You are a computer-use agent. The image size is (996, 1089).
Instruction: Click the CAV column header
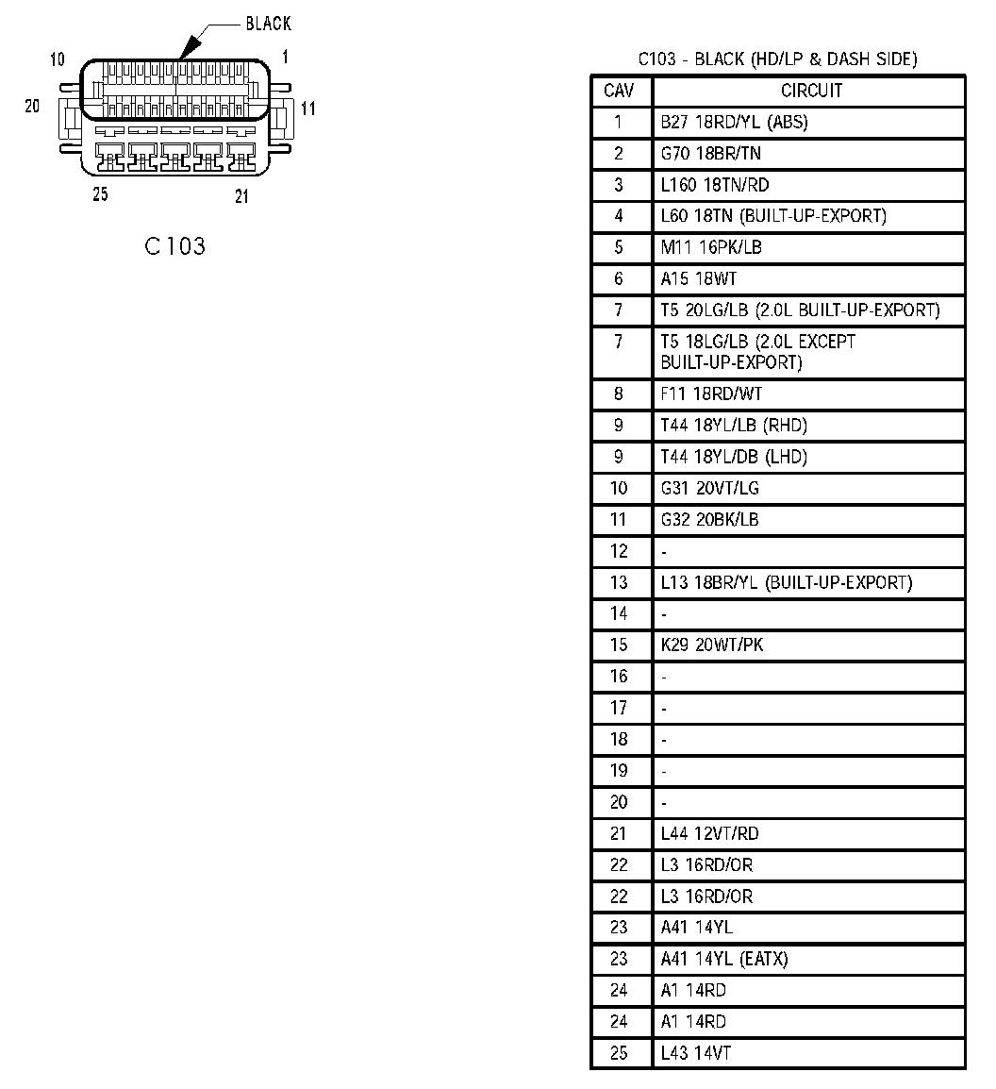pos(619,91)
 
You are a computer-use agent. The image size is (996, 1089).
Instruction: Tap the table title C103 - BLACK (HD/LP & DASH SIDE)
pos(777,59)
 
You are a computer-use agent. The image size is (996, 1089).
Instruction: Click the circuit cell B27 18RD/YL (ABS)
pos(734,122)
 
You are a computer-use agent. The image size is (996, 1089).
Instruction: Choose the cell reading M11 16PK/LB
pos(711,247)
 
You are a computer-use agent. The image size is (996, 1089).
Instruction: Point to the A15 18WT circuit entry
pos(699,279)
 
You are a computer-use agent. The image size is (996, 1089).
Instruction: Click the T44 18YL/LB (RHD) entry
pos(734,426)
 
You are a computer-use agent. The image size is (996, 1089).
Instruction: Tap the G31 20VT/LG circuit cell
pos(710,488)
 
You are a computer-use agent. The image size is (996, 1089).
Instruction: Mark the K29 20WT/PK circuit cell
pos(712,645)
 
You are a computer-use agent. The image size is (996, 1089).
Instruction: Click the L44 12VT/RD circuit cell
pos(710,833)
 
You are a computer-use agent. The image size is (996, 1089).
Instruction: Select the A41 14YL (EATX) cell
pos(724,959)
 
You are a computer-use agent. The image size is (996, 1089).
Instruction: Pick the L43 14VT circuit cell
pos(696,1053)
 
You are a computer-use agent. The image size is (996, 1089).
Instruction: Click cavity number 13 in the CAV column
pos(619,582)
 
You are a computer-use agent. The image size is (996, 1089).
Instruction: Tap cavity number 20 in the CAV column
pos(619,802)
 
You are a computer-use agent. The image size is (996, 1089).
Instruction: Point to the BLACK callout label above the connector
pos(268,24)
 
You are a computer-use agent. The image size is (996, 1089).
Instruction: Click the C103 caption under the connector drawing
pos(174,246)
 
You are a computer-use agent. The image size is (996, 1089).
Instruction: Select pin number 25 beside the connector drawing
pos(100,194)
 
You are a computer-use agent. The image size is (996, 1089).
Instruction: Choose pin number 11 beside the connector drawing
pos(308,109)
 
